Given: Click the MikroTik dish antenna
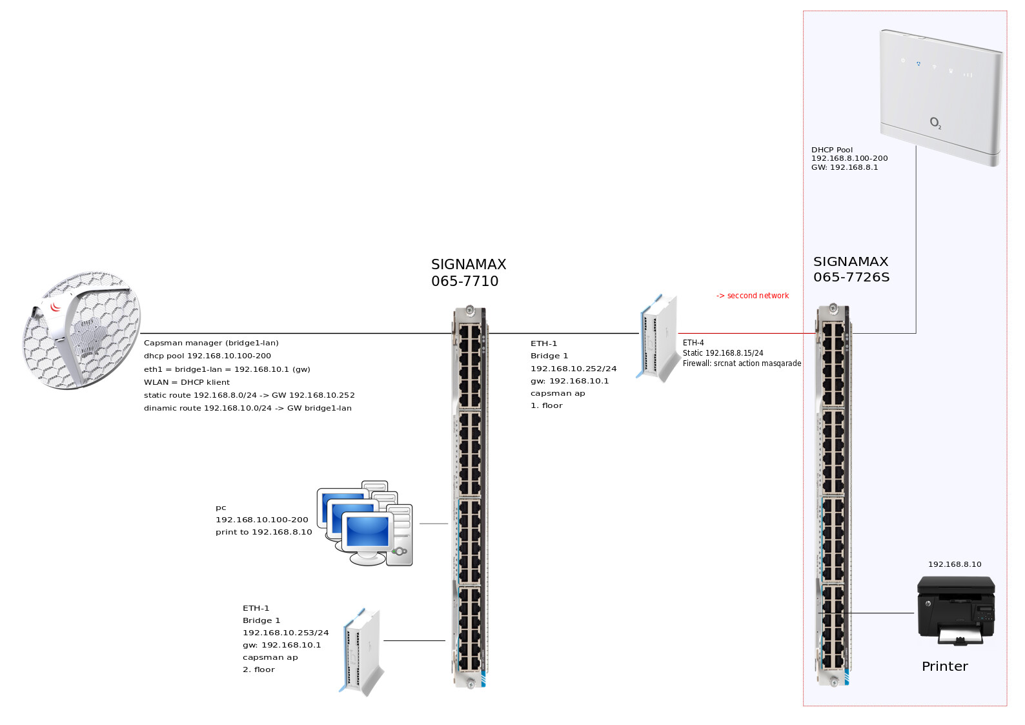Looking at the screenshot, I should click(x=81, y=330).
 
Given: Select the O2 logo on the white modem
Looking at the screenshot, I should click(x=935, y=123).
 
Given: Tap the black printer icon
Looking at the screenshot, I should click(x=956, y=610).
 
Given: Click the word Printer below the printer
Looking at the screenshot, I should click(x=944, y=666).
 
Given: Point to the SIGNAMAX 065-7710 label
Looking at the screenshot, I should click(x=468, y=272).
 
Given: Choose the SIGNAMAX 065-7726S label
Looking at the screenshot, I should click(x=851, y=269).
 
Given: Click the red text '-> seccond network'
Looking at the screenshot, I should click(x=753, y=296).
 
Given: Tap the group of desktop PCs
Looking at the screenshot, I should click(x=365, y=524).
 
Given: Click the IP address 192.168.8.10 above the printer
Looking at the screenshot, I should click(x=954, y=564).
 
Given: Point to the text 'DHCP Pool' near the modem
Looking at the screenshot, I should click(x=831, y=150).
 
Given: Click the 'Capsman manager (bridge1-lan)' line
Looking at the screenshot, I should click(x=211, y=343).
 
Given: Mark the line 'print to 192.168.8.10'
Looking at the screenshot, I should click(x=263, y=532).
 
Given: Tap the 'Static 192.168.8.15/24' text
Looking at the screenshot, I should click(x=723, y=353).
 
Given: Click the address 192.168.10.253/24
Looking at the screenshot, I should click(x=285, y=633).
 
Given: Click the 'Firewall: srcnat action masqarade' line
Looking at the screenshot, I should click(x=742, y=363).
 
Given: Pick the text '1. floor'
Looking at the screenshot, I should click(x=546, y=405).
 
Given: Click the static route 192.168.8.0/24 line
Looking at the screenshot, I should click(x=249, y=395).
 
